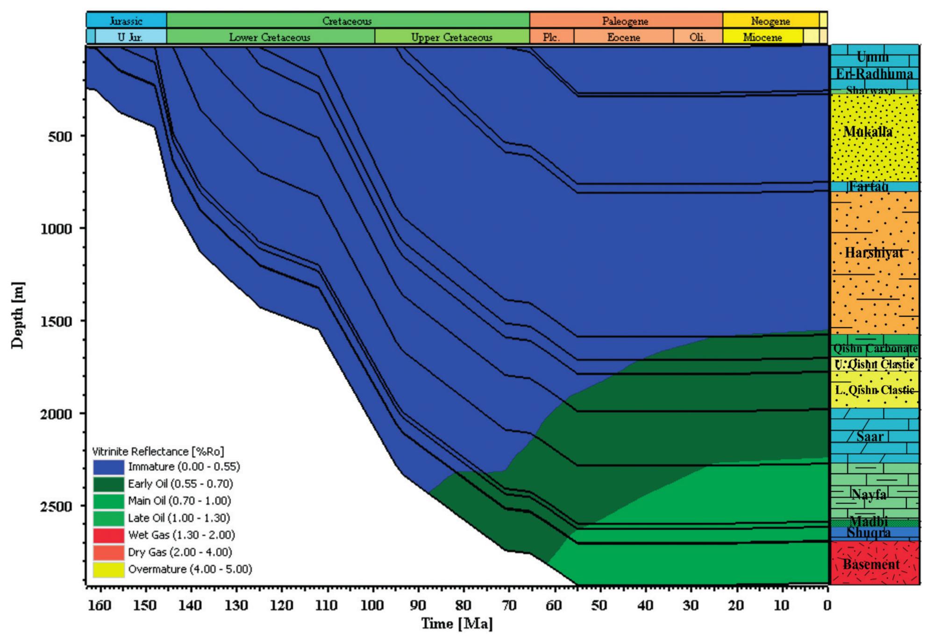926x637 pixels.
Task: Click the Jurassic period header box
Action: [x=126, y=21]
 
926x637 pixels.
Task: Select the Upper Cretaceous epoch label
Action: [x=451, y=37]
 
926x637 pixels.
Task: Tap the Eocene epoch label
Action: [x=623, y=37]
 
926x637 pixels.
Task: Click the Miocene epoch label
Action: [x=762, y=37]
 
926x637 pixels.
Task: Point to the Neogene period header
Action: [x=770, y=21]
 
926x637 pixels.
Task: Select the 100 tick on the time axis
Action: [x=372, y=606]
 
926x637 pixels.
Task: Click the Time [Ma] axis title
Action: [x=456, y=624]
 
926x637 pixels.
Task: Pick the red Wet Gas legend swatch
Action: [x=108, y=535]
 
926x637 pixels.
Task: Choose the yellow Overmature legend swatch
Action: [x=108, y=569]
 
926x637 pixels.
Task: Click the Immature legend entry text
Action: [x=184, y=466]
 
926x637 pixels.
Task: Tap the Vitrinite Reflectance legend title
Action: [x=158, y=451]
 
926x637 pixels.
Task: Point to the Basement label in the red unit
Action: [x=871, y=565]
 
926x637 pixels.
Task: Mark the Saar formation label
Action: [x=869, y=437]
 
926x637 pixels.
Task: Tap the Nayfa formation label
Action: [x=869, y=494]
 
